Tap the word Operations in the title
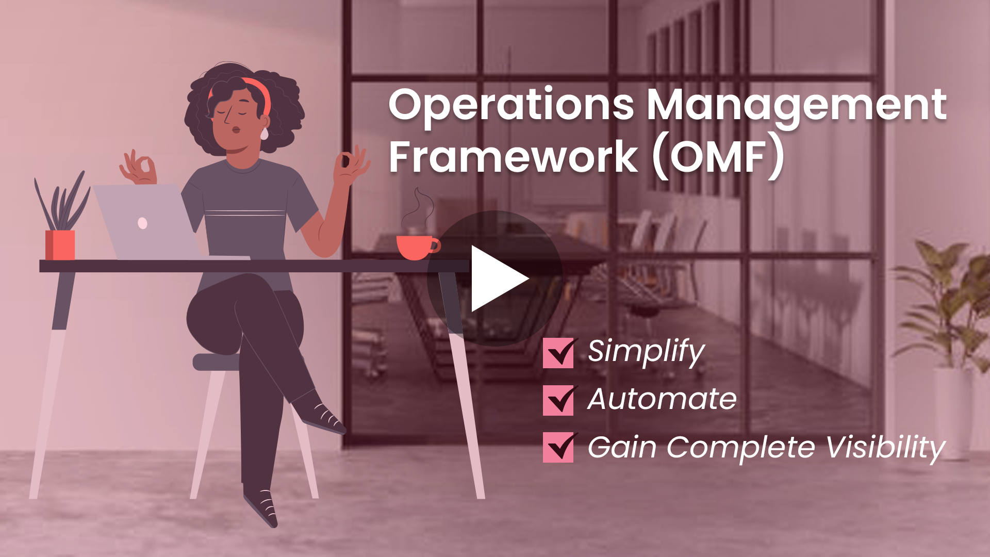(x=511, y=105)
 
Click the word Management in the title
(x=797, y=105)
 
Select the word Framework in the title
(x=514, y=157)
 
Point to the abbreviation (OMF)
(x=718, y=157)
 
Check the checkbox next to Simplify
(x=558, y=353)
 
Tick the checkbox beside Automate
(x=558, y=400)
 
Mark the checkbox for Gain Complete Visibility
(x=558, y=447)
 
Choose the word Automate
(x=662, y=399)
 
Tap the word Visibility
(x=886, y=448)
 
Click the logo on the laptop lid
(x=143, y=223)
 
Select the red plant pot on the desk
(x=60, y=245)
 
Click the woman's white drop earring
(x=264, y=134)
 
